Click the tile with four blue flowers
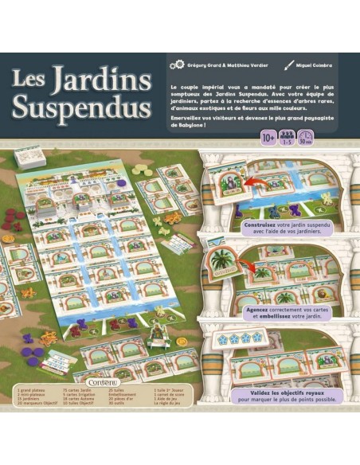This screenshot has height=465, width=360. click(x=239, y=337)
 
